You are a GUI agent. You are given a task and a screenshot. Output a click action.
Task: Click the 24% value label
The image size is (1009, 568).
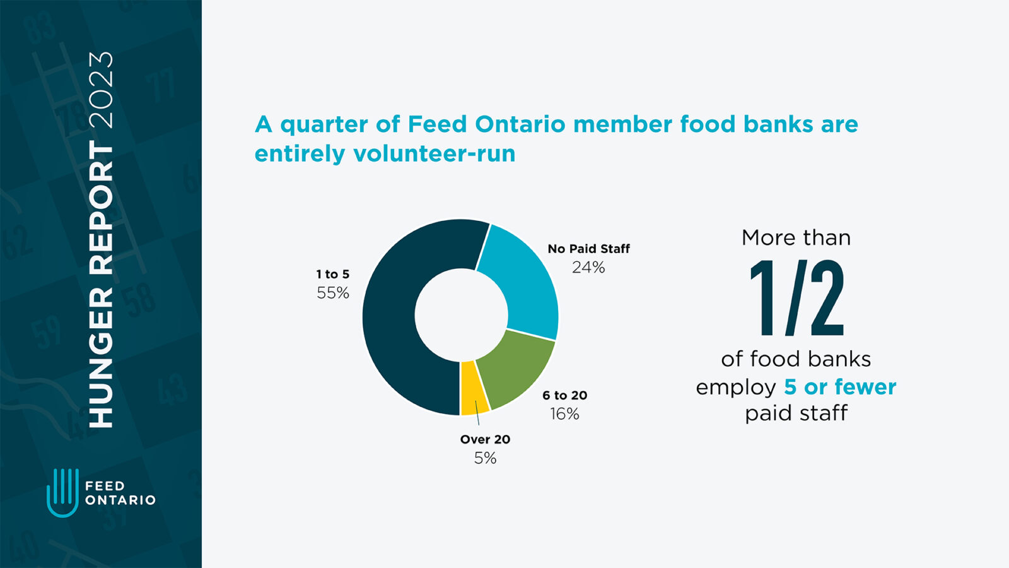pos(588,268)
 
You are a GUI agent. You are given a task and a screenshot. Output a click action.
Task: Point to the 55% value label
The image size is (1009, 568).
pos(333,293)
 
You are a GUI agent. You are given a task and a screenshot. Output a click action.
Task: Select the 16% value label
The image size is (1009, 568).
pos(564,414)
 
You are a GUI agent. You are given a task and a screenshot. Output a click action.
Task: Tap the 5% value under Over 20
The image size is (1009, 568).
pos(485,458)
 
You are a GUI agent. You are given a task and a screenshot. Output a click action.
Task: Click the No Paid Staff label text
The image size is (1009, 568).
pos(588,249)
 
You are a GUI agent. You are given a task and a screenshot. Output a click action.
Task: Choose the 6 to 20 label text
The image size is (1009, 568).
pos(564,396)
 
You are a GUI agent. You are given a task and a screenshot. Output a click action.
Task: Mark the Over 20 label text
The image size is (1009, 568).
pos(485,439)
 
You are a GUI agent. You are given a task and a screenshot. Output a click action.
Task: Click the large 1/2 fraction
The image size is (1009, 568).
pos(796,298)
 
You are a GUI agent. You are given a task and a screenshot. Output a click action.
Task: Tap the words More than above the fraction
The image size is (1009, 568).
pos(796,238)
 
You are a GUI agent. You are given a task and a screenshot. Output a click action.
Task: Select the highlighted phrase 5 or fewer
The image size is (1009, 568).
pos(839,386)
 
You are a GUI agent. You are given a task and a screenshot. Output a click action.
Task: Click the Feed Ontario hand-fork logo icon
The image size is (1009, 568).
pos(62,492)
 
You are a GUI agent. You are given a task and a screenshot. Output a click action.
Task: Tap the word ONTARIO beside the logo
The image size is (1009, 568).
pos(120,500)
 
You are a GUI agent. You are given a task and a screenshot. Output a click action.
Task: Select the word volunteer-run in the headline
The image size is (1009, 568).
pos(434,153)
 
